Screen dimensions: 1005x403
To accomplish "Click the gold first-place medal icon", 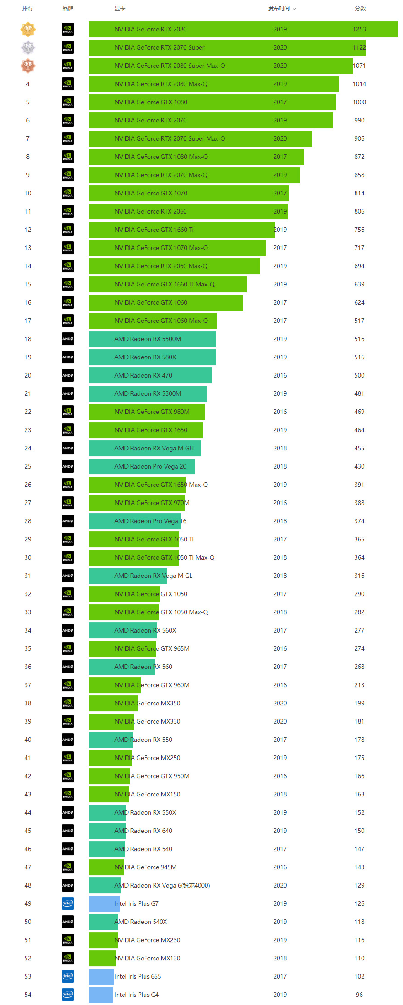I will point(28,29).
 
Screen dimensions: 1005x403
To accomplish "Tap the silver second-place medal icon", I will point(28,47).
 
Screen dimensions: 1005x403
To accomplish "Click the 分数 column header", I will point(360,9).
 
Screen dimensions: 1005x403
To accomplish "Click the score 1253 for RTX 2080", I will point(359,29).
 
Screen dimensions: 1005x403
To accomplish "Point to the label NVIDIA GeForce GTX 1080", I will point(150,102).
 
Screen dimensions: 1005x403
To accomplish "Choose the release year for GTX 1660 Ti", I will point(280,230).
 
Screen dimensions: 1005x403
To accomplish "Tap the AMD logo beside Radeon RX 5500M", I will point(68,339).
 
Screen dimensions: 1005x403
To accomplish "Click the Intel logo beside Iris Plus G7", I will point(68,903).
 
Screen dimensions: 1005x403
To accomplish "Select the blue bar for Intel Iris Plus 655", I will point(101,976).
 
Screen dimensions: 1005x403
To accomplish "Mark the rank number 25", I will point(28,466).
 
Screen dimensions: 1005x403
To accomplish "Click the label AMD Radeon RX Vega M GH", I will point(154,448).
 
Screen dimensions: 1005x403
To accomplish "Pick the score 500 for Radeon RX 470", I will point(359,375).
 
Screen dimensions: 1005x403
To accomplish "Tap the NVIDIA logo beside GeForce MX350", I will point(68,703).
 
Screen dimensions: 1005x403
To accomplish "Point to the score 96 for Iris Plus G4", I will point(359,995).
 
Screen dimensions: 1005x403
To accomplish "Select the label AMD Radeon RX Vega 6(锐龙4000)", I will point(162,885).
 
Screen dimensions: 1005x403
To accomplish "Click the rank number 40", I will point(28,740).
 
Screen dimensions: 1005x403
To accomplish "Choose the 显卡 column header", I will point(120,9).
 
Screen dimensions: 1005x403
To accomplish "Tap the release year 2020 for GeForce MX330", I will point(280,721).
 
